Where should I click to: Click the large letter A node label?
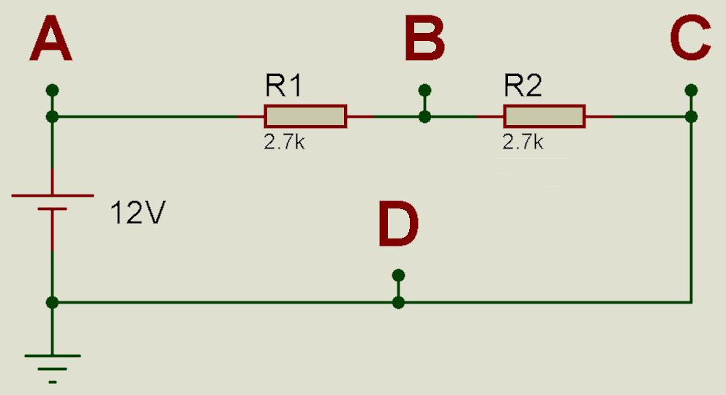(51, 38)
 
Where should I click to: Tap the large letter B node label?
(424, 38)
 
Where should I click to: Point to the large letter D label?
(398, 224)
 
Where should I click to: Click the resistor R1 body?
(306, 116)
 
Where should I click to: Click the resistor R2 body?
(544, 116)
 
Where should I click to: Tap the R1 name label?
(283, 85)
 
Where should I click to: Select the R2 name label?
(523, 85)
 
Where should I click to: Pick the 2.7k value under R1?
(284, 142)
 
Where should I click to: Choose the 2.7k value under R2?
(523, 142)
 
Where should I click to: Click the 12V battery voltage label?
(138, 213)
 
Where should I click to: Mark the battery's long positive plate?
(52, 195)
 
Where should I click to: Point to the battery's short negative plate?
(52, 209)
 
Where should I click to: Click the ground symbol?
(52, 369)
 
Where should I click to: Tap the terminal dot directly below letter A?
(52, 90)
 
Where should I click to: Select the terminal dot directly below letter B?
(424, 90)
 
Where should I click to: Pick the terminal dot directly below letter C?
(692, 90)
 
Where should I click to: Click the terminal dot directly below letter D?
(398, 276)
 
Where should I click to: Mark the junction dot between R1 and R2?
(424, 116)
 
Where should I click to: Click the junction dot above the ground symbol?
(52, 303)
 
